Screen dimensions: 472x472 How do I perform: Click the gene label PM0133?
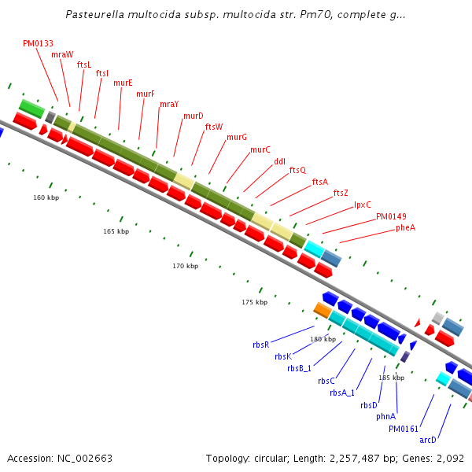point(38,44)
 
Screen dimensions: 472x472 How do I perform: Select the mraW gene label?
point(62,55)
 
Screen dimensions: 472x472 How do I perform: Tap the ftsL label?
point(84,65)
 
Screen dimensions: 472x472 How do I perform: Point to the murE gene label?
point(123,83)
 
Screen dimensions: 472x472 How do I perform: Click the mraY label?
point(169,105)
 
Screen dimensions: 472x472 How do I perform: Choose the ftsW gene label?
point(214,127)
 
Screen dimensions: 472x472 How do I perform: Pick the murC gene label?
point(260,149)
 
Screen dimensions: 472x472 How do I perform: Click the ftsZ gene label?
point(341,193)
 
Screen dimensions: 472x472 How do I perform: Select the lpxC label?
point(362,205)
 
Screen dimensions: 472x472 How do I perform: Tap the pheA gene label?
point(405,227)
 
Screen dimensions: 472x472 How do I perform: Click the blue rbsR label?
point(260,345)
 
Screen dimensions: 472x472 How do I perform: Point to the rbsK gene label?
point(283,356)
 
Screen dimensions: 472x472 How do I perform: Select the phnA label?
point(385,416)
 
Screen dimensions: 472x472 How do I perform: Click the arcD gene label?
point(427,440)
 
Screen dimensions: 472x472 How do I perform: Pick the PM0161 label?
point(404,429)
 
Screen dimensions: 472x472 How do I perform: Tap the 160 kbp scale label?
point(46,197)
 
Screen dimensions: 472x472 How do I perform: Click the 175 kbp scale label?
point(254,302)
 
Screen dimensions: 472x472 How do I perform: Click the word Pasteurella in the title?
point(95,14)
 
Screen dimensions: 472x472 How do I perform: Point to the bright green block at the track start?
point(31,108)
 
